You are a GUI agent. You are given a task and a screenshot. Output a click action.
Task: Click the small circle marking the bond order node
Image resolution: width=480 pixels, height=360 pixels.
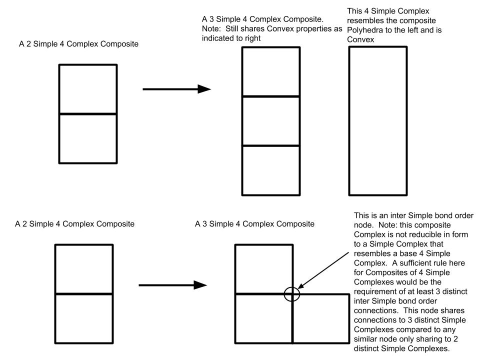tap(292, 294)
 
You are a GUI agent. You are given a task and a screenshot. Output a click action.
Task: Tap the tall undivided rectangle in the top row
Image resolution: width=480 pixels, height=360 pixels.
tap(377, 120)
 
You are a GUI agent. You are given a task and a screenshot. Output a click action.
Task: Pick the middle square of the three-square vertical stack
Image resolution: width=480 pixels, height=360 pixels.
tap(271, 120)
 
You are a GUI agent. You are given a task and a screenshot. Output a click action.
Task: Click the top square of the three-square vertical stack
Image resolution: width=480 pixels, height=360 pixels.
tap(271, 71)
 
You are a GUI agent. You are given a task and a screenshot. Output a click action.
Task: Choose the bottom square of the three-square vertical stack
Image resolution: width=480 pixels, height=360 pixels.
tap(271, 170)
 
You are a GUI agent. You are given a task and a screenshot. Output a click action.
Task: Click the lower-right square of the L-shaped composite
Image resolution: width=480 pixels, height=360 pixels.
tap(320, 318)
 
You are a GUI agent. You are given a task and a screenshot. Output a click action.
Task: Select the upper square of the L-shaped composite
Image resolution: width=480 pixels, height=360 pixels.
tap(263, 269)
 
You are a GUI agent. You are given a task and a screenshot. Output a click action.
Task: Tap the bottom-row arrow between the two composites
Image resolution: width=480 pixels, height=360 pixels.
tap(172, 285)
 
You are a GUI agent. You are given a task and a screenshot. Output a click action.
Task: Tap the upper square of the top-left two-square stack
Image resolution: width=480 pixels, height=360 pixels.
tap(88, 89)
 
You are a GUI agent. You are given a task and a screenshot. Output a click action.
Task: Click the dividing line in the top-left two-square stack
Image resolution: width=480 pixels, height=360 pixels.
tap(88, 114)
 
